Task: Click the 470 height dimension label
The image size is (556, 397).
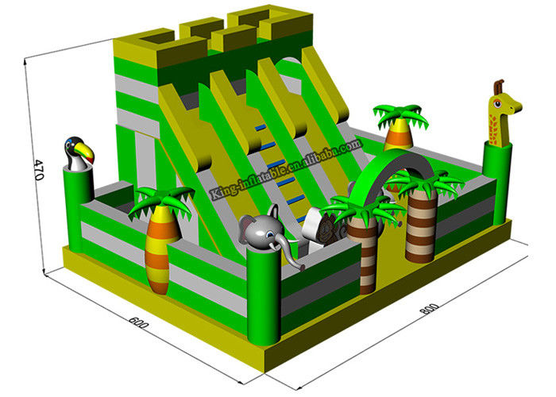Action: [x=38, y=170]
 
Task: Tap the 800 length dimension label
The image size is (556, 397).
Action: [x=430, y=309]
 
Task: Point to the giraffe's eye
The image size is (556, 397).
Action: [x=497, y=104]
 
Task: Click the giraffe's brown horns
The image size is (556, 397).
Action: [x=499, y=86]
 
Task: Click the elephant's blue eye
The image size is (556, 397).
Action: [x=270, y=234]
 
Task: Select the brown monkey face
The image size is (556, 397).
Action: [x=326, y=230]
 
